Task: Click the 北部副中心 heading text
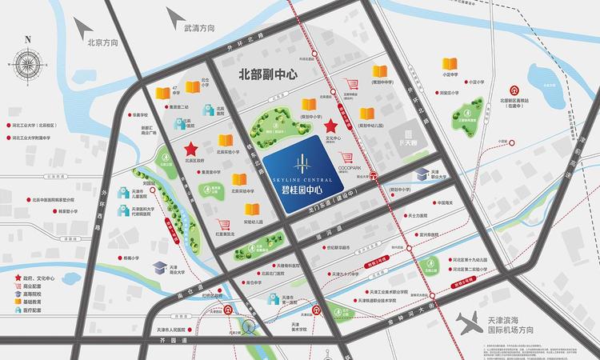(268, 74)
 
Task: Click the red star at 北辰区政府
(191, 150)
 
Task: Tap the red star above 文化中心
(331, 126)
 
